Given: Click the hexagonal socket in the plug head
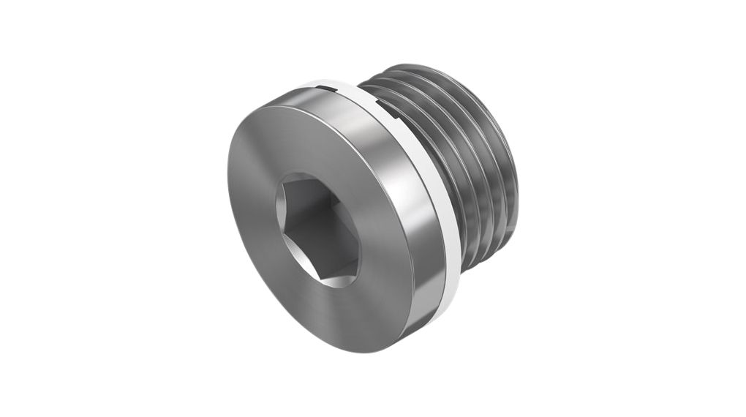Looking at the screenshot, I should [317, 230].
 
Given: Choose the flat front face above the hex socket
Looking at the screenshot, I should [293, 139].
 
